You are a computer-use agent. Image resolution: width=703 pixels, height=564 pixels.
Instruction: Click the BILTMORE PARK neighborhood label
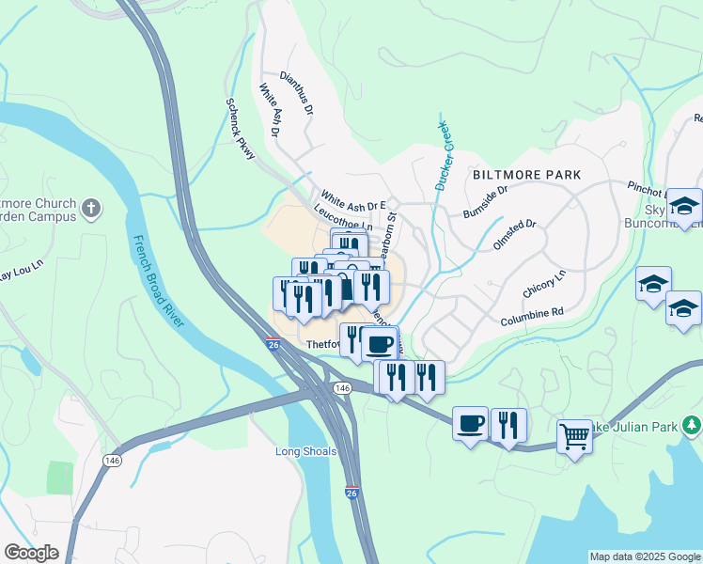tap(526, 175)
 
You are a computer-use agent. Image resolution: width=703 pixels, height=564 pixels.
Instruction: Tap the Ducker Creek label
tap(445, 156)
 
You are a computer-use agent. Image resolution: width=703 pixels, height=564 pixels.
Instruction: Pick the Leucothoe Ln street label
tap(343, 220)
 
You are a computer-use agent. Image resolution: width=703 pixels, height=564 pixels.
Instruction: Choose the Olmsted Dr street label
tap(517, 226)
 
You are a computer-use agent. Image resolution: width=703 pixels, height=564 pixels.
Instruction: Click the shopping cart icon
tap(574, 435)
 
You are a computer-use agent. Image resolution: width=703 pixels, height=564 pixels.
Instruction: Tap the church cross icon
tap(90, 207)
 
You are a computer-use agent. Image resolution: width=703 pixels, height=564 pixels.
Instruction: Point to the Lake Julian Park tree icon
tap(692, 426)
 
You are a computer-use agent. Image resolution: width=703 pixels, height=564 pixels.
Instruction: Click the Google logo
tap(31, 553)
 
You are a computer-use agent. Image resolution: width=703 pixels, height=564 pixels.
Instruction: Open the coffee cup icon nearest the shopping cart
tap(471, 423)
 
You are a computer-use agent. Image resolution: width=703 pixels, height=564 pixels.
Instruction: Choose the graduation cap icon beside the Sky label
tap(685, 206)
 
